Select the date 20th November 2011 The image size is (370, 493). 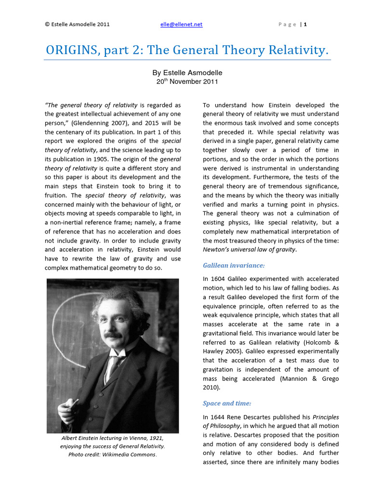click(187, 82)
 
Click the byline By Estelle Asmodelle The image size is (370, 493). click(187, 73)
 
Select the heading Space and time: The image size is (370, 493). click(227, 403)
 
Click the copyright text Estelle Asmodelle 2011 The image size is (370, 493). click(77, 24)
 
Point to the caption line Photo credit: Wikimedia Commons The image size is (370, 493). click(113, 454)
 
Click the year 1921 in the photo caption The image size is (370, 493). click(156, 438)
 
